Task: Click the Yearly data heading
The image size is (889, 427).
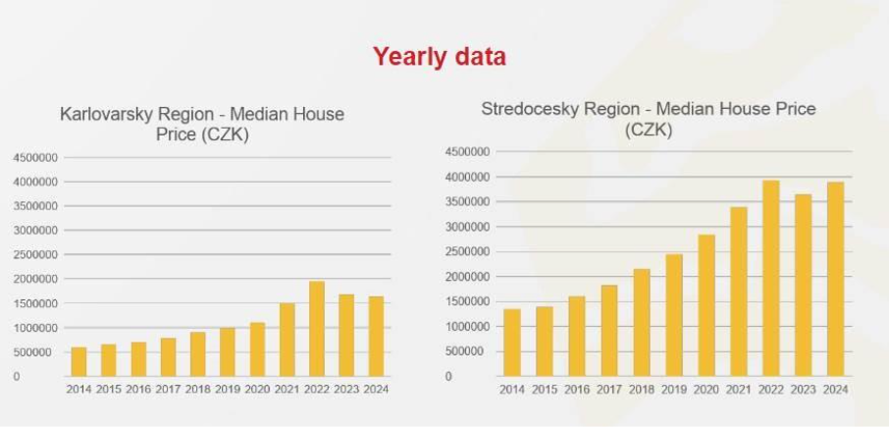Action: click(x=439, y=57)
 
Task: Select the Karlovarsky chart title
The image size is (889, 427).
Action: click(x=202, y=125)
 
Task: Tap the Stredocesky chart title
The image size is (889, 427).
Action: click(x=648, y=119)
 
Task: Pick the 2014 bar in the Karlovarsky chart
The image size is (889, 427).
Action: click(x=78, y=361)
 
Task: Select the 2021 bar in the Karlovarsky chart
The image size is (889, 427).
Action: click(x=288, y=340)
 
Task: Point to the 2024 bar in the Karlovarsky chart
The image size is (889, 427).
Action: click(x=377, y=336)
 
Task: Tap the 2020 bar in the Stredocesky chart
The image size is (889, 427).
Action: click(x=706, y=304)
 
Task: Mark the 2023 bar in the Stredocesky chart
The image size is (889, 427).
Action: click(x=804, y=285)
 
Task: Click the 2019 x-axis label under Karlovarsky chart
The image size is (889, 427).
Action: click(x=228, y=390)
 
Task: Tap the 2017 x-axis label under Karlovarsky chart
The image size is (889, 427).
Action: click(x=168, y=390)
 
